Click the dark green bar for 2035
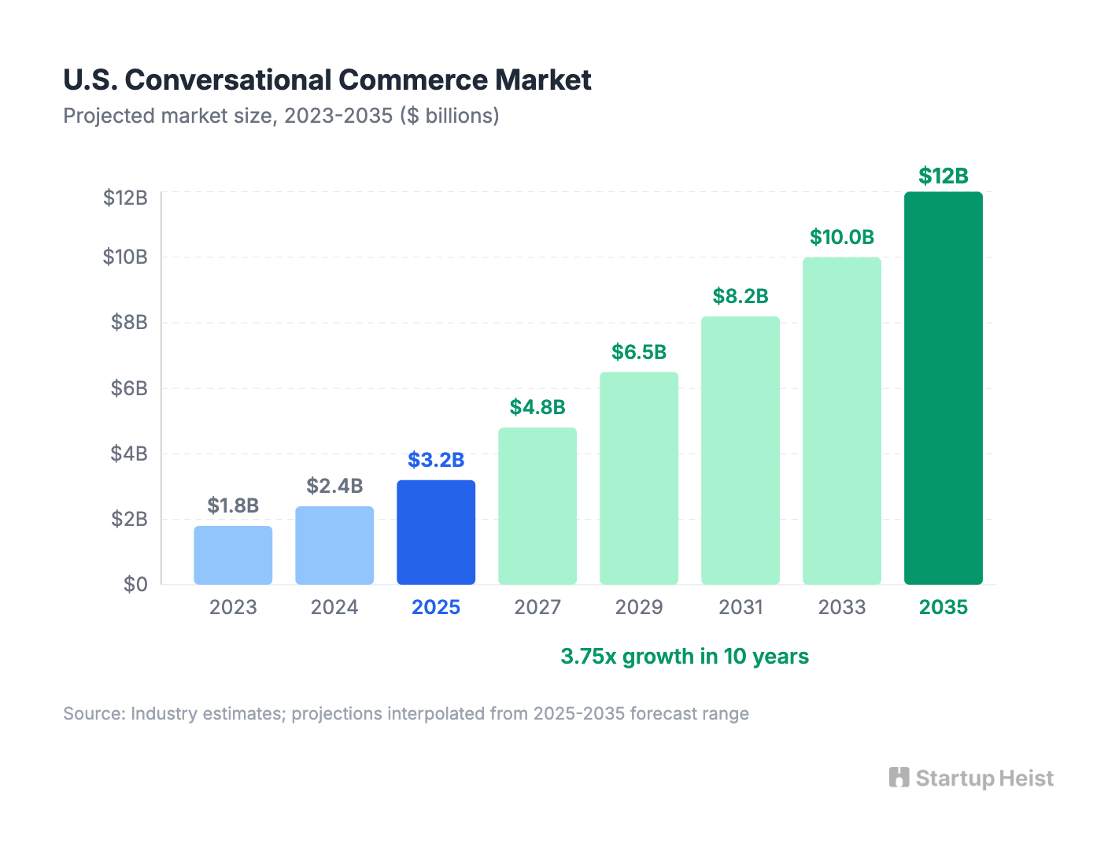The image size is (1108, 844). pos(943,388)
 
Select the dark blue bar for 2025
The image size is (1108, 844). pos(436,532)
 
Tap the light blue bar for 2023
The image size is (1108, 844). pos(233,555)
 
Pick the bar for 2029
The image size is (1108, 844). pos(639,478)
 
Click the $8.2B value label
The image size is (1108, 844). pos(740,296)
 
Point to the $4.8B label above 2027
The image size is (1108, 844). pos(537,407)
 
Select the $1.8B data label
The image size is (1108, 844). pos(233,505)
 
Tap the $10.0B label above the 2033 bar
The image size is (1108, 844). pos(841,237)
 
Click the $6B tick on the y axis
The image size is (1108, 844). pos(129,388)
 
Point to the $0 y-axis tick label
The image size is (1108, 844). pos(135,584)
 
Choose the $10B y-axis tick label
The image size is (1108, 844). pos(125,257)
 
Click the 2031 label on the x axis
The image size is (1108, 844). pos(741,607)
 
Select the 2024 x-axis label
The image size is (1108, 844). pos(334,607)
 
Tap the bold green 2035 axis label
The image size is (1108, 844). pos(943,607)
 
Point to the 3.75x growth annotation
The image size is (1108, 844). pos(684,657)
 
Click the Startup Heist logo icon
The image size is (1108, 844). pos(899,778)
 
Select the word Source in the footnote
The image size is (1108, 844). pos(93,713)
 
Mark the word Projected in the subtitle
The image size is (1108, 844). pos(109,116)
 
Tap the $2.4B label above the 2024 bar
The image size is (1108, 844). pos(334,486)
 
